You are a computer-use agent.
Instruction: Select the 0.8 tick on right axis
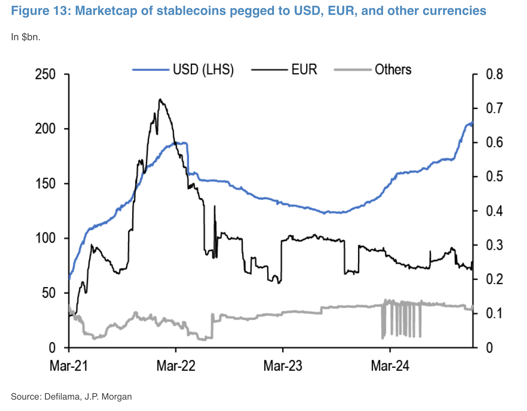tap(494, 74)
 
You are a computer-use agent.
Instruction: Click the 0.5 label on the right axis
tap(494, 176)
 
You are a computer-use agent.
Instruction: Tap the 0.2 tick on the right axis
tap(494, 279)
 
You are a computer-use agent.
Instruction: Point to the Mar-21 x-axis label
tap(68, 366)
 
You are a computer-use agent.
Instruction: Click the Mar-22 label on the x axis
tap(176, 366)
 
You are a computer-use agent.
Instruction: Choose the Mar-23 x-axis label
tap(283, 366)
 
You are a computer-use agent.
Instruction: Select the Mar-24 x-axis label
tap(390, 366)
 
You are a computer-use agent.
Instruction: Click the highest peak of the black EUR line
tap(160, 99)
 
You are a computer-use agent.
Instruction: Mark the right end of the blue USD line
tap(473, 123)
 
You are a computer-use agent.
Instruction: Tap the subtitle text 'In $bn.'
tap(26, 37)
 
